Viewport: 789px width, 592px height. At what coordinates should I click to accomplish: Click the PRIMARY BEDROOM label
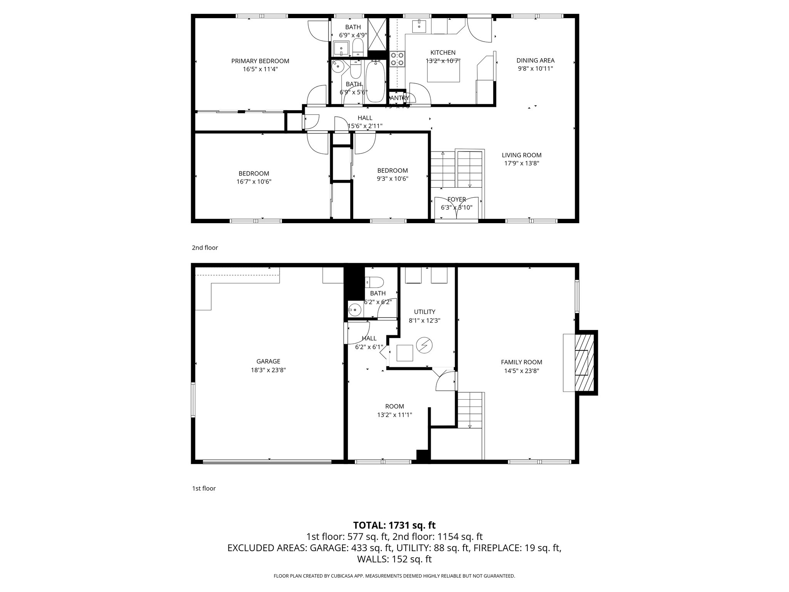260,61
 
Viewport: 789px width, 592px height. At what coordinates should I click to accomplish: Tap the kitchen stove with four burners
397,59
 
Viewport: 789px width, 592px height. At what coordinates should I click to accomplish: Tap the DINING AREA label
535,61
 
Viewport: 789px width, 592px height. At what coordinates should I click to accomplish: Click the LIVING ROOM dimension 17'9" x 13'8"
522,163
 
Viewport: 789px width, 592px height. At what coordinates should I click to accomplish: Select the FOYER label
457,199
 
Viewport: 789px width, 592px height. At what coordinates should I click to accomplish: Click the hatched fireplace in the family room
585,363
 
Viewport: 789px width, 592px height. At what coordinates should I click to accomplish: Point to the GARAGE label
268,362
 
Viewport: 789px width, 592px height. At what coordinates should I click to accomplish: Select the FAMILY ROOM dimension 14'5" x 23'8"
522,371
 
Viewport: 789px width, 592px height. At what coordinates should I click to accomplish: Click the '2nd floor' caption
205,248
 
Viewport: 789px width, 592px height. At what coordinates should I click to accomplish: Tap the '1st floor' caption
204,489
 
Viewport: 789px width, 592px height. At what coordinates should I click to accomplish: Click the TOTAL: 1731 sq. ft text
394,525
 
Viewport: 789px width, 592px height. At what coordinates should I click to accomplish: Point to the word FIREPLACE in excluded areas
497,548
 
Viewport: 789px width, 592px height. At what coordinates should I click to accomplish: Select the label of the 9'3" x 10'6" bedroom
392,170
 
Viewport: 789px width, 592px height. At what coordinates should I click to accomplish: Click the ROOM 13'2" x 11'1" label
394,406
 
